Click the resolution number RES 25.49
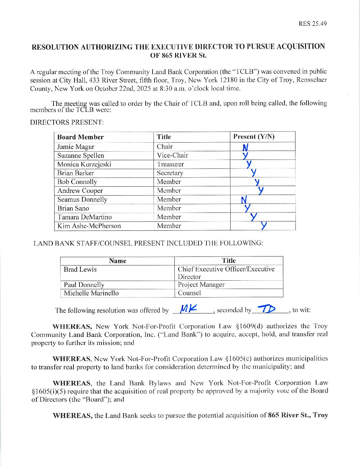coord(312,23)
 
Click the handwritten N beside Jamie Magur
coord(245,147)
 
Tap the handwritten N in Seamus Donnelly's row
coord(244,200)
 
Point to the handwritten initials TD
coord(266,309)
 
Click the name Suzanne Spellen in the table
coord(80,156)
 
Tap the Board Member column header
coord(80,137)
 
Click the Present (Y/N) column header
coord(254,137)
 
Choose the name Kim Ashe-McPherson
coord(89,226)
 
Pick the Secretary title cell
coord(170,173)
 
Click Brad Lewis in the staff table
coord(80,269)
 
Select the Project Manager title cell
coord(201,285)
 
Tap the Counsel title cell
coord(189,293)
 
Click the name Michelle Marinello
coord(91,293)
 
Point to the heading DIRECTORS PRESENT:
coord(67,122)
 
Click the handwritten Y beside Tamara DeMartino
coord(253,217)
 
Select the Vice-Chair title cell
coord(172,155)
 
